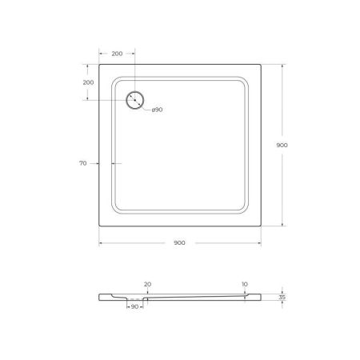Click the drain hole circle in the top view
coord(135,100)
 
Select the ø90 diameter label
coord(157,110)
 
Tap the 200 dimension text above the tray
coord(117,54)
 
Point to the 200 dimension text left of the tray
coord(88,82)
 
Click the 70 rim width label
coord(82,163)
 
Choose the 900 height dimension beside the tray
coord(282,145)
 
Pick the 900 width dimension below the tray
coord(179,242)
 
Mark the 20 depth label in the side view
coord(146,283)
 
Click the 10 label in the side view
coord(245,283)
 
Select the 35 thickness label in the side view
coord(282,296)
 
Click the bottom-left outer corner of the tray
coord(99,227)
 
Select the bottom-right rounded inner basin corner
coord(242,210)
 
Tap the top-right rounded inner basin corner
coord(242,81)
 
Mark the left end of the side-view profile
coord(100,296)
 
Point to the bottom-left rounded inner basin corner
coord(117,210)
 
